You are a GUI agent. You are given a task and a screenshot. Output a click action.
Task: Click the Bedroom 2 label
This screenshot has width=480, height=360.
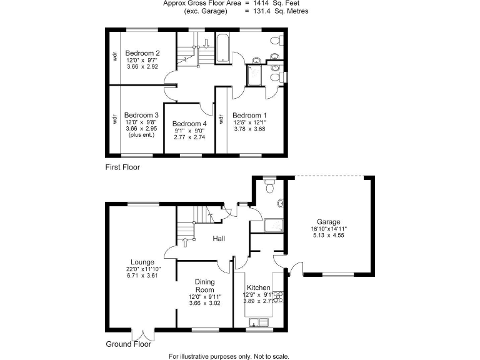[142, 53]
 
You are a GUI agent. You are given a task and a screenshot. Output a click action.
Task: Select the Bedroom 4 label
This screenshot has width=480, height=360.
[189, 124]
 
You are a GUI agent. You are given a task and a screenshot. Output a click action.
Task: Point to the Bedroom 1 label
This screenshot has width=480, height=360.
[249, 116]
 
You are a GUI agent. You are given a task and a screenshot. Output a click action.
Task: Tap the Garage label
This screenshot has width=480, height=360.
[328, 222]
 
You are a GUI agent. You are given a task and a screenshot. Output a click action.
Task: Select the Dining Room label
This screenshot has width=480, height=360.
[204, 286]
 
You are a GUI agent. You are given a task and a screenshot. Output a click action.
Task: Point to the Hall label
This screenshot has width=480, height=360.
[219, 239]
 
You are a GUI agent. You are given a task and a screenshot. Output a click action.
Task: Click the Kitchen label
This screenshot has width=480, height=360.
[258, 288]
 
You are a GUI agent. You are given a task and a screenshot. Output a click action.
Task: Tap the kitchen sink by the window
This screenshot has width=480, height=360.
[258, 322]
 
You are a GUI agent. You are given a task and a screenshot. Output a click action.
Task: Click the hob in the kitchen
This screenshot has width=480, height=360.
[277, 297]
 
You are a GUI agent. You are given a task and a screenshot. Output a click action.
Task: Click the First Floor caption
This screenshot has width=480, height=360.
[122, 167]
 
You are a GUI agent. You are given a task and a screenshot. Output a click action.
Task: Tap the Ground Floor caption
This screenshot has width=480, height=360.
[127, 344]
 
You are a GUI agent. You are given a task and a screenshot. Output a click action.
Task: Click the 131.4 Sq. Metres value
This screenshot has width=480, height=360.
[284, 11]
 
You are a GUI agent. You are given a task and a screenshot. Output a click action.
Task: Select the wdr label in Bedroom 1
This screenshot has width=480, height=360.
[221, 119]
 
